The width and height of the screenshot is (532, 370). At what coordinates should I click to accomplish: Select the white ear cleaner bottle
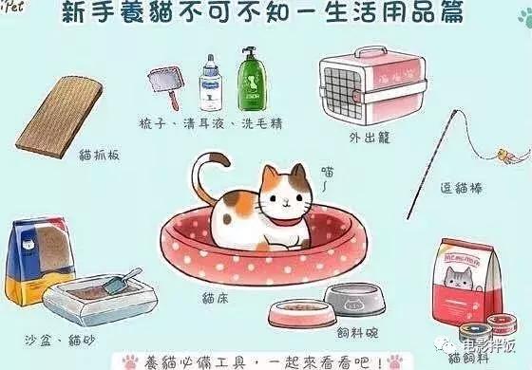(x=210, y=80)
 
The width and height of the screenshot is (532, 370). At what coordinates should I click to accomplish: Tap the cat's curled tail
(x=201, y=175)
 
